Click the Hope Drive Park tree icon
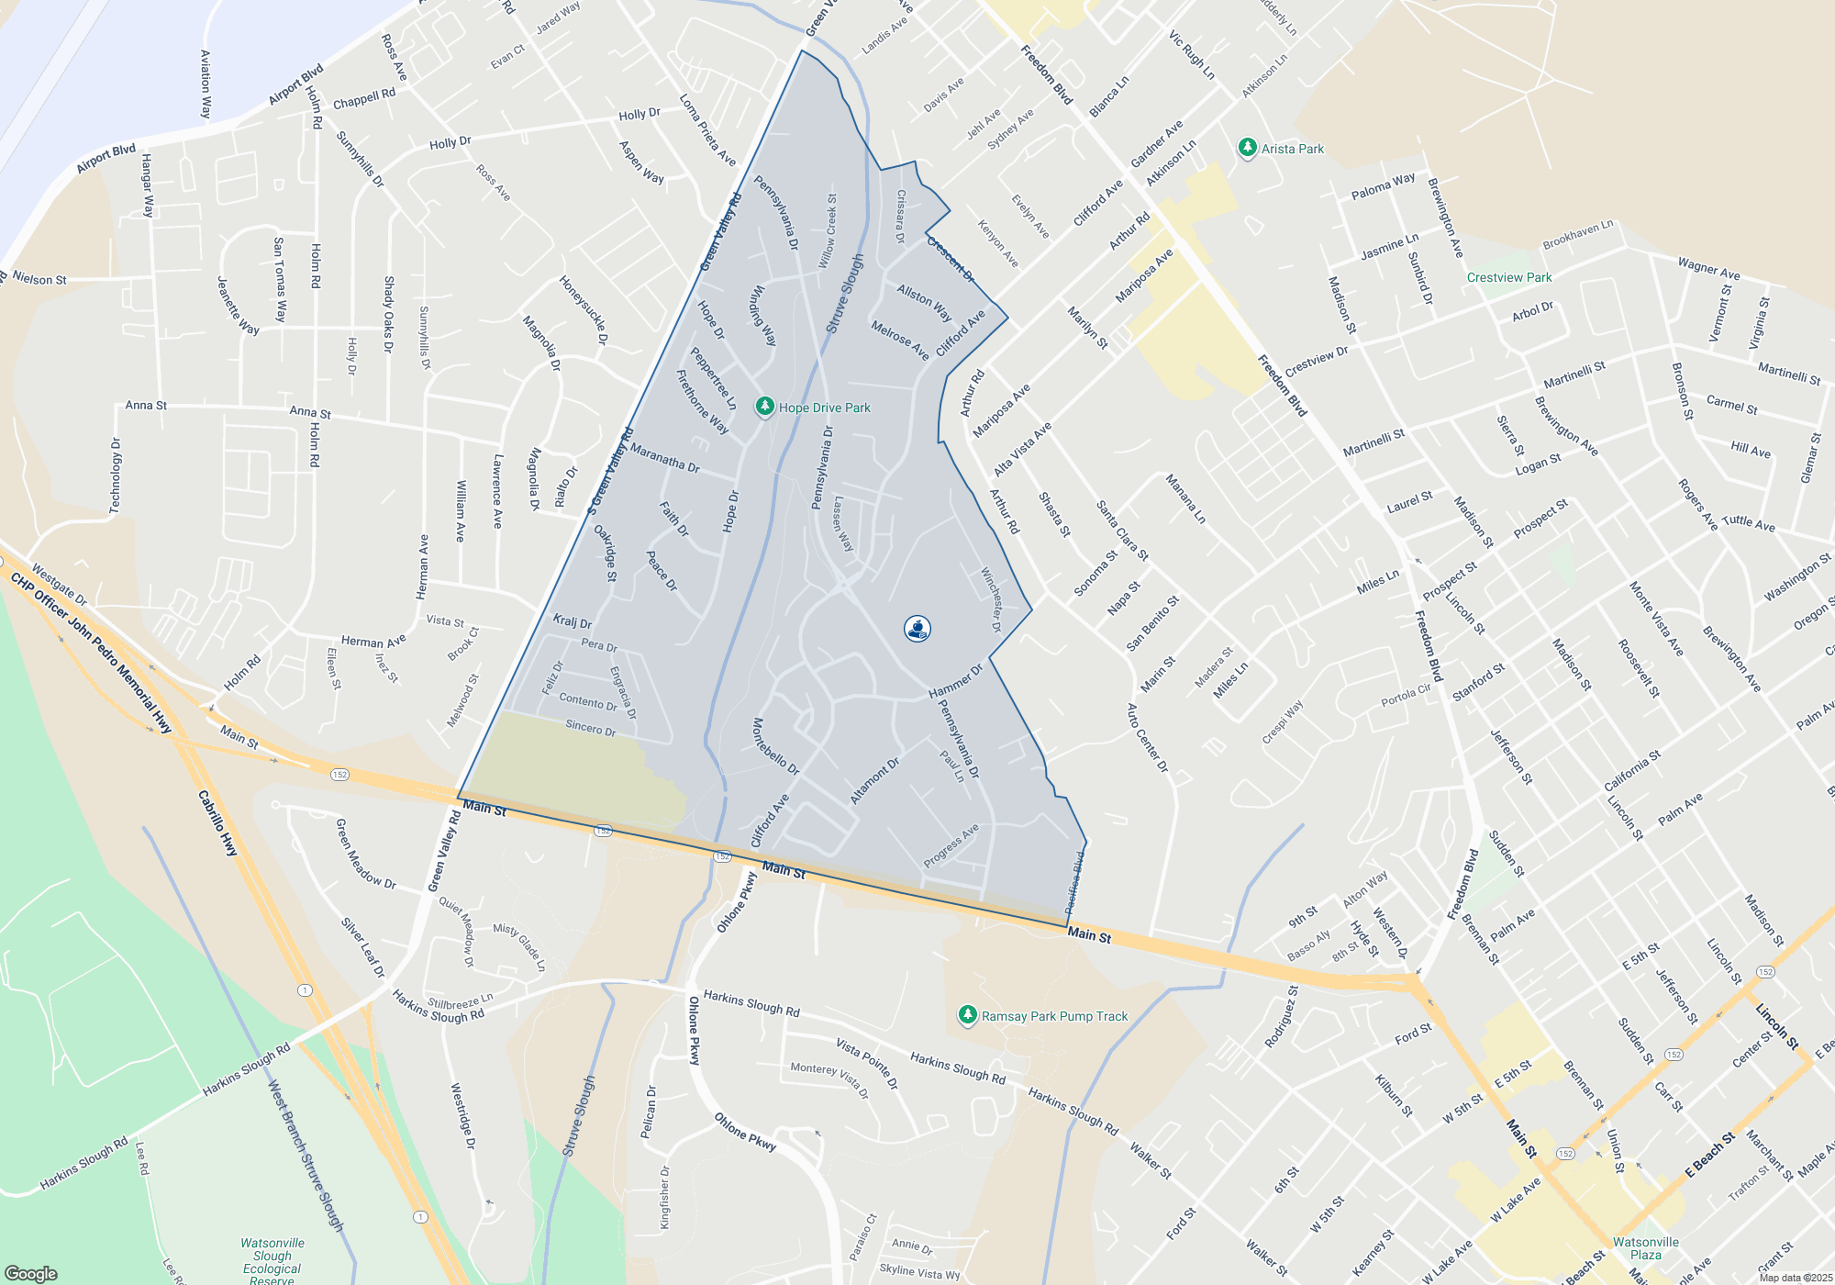pos(764,407)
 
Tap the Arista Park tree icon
pos(1247,148)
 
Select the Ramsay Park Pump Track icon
pos(967,1015)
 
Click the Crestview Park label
pos(1509,277)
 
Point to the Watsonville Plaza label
pos(1646,1248)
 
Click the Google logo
pos(30,1274)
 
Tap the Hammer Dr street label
pos(955,681)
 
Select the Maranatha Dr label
pos(665,459)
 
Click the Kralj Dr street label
pos(572,621)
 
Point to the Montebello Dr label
pos(776,746)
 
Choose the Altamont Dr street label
pos(874,781)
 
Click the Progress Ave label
pos(951,845)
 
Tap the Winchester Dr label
pos(991,599)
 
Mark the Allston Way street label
pos(924,302)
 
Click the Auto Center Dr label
pos(1147,738)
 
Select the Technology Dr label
pos(117,475)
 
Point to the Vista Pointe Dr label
pos(867,1064)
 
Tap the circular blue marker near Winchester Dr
pos(917,629)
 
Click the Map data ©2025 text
pos(1795,1278)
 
